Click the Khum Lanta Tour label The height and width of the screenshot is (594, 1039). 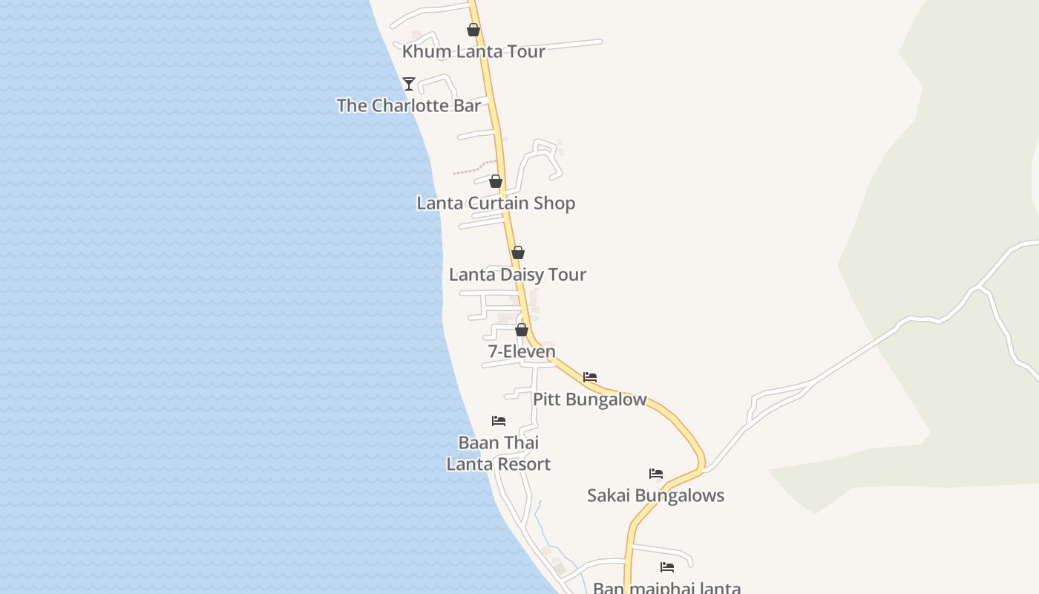(473, 51)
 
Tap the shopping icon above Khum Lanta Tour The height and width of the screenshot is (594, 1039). (473, 30)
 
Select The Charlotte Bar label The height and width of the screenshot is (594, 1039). (408, 105)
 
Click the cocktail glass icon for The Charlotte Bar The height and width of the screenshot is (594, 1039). (408, 84)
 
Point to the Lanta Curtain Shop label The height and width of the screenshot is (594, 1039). (496, 203)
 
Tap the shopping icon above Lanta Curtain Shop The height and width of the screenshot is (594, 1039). (496, 181)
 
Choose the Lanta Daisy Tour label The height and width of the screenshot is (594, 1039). (517, 274)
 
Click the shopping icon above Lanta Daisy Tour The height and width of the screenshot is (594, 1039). (518, 253)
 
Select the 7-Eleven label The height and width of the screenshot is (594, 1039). (522, 351)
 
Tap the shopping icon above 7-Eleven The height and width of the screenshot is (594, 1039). (522, 330)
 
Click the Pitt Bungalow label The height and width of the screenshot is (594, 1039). (590, 399)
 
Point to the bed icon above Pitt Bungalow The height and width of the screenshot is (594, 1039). (590, 377)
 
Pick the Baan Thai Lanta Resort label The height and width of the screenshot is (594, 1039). (499, 453)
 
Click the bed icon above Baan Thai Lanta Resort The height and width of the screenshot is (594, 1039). (499, 421)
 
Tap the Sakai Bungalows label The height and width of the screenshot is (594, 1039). (655, 495)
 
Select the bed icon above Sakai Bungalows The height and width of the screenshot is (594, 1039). (656, 474)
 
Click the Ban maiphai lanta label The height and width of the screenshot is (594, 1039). (666, 587)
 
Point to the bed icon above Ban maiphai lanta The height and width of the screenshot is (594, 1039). (667, 567)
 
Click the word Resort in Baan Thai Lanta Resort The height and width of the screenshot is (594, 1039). (524, 464)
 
